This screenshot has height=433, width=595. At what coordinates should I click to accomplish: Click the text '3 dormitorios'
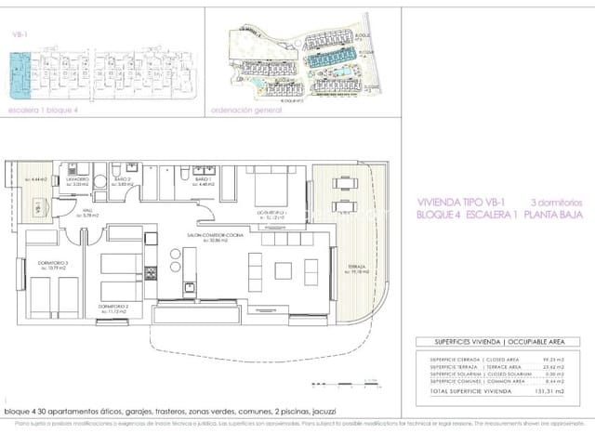click(555, 201)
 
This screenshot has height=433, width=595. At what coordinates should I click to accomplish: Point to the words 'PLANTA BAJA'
click(552, 215)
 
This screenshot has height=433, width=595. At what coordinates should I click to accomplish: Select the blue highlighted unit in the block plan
click(19, 74)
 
